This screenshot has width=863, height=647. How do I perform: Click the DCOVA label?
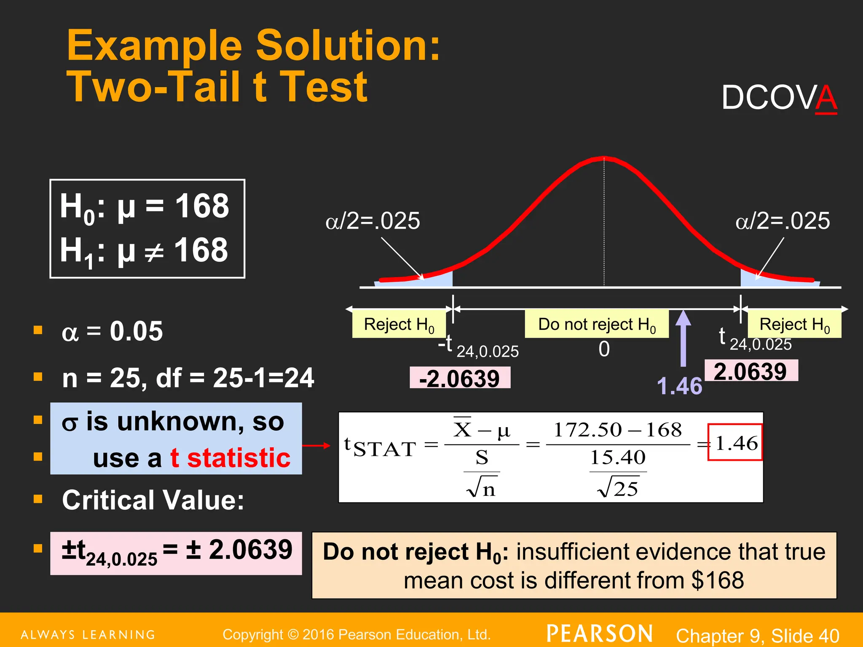(x=779, y=98)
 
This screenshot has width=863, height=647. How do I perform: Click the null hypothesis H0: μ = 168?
(x=145, y=207)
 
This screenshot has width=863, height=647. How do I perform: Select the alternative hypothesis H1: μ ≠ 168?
(x=144, y=251)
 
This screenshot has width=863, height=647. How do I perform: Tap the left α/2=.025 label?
(x=373, y=221)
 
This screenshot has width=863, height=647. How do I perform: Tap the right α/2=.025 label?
(x=783, y=221)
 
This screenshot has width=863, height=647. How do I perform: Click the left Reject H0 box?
(x=399, y=324)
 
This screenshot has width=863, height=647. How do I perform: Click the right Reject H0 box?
(x=794, y=324)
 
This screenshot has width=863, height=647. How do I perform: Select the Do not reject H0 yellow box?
(x=597, y=324)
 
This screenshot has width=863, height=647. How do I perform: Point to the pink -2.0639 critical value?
(x=460, y=378)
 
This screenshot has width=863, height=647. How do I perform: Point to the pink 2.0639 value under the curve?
(x=751, y=371)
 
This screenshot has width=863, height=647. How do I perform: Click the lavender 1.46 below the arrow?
(x=679, y=386)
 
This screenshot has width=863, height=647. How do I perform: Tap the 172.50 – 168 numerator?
(x=617, y=430)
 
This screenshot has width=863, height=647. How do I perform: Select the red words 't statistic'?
(x=230, y=458)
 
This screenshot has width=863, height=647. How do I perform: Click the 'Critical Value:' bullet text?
(x=153, y=500)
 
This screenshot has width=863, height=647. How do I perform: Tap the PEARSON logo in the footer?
(x=600, y=634)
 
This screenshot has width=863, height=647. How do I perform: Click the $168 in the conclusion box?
(x=718, y=580)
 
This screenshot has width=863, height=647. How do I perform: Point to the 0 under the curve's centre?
(x=604, y=349)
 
